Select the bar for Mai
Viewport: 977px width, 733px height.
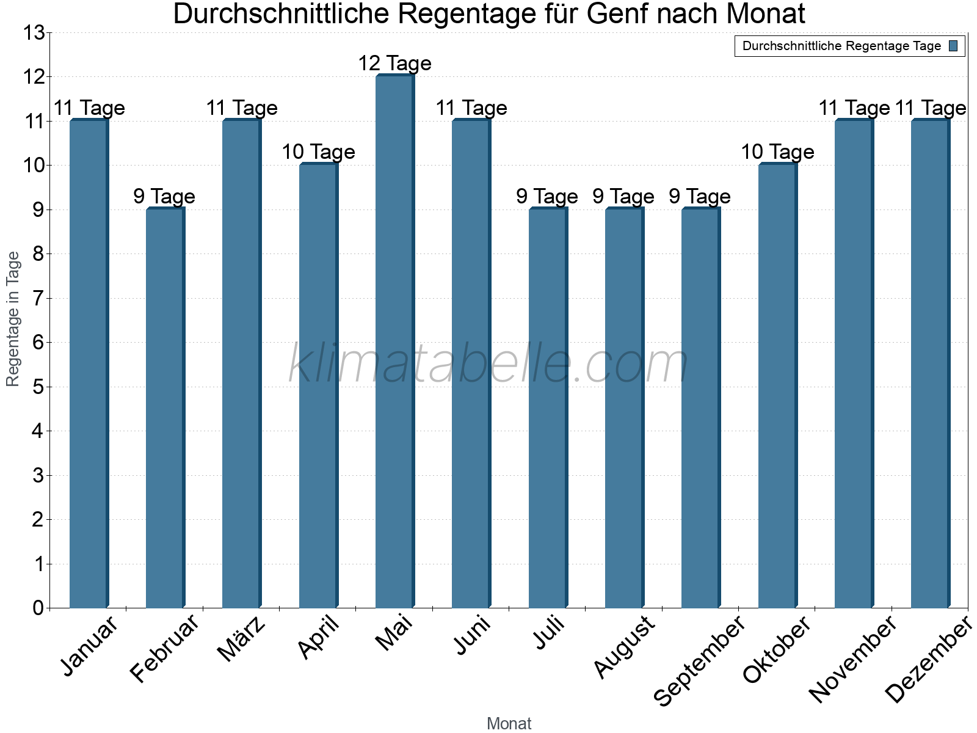394,342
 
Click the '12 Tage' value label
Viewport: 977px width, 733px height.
394,64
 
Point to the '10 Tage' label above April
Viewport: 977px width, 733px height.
318,152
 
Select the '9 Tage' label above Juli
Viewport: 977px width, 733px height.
547,197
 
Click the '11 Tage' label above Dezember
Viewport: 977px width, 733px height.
931,108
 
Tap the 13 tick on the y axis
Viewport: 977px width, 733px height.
34,33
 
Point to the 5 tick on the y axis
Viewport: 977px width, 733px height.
38,387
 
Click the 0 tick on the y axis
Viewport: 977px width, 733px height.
38,608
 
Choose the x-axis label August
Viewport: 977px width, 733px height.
624,647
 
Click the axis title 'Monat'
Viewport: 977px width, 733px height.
509,724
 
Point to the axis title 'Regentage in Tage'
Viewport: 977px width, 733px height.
13,319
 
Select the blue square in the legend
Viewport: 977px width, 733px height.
953,46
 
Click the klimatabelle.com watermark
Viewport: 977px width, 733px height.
488,364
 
